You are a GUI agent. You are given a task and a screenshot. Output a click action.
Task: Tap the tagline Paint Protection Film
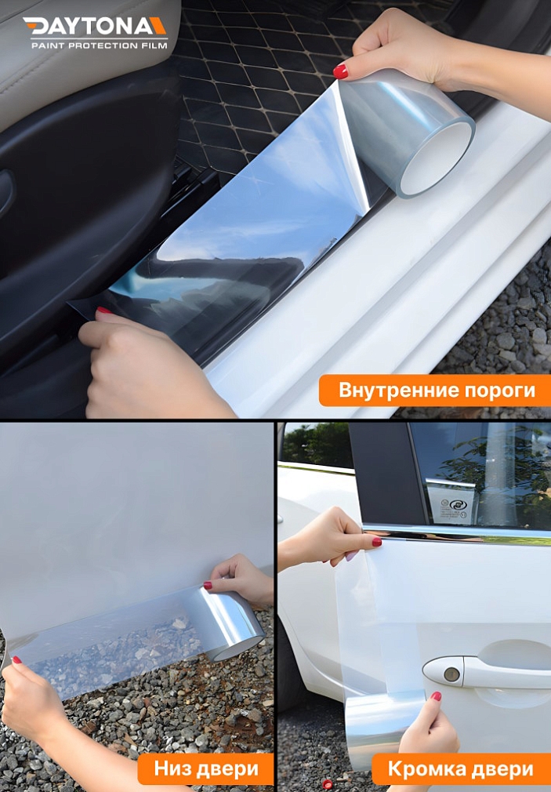tap(99, 46)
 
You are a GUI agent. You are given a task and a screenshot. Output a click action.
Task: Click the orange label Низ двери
tap(205, 768)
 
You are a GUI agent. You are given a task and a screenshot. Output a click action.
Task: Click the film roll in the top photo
tap(411, 133)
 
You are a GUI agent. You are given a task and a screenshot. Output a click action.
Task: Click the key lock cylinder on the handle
tap(451, 674)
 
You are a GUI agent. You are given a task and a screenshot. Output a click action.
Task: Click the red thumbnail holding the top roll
tap(340, 71)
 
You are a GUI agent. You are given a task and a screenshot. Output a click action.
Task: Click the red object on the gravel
tap(328, 783)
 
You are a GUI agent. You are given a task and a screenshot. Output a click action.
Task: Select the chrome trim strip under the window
tap(462, 534)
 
